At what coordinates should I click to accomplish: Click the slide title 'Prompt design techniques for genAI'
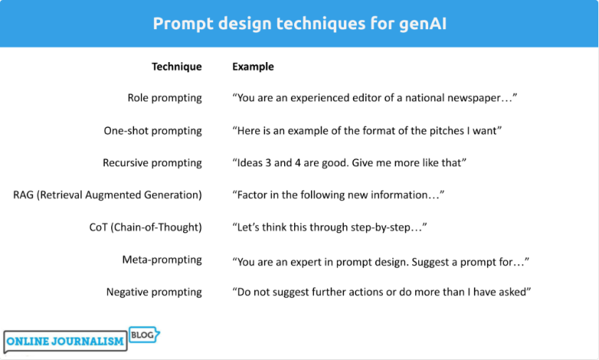pos(299,24)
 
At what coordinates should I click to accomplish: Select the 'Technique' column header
pos(176,67)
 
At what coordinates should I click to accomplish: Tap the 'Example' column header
pos(253,67)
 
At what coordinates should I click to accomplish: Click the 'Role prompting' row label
pos(165,98)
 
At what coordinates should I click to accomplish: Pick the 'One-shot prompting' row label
pos(153,131)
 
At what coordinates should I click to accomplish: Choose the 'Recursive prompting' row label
pos(152,163)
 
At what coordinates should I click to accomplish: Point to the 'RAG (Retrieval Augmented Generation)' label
pos(108,195)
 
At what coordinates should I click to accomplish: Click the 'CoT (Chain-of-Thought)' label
pos(146,227)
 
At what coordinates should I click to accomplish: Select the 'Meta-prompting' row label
pos(162,260)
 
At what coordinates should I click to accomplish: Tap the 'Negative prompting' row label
pos(154,293)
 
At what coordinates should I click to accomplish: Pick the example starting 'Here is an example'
pos(367,131)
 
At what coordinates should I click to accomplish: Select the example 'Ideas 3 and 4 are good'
pos(350,163)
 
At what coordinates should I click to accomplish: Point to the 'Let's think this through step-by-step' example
pos(329,227)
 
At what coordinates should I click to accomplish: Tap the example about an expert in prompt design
pos(381,261)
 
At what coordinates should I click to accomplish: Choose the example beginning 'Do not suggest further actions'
pos(381,293)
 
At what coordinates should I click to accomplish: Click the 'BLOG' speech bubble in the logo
pos(144,335)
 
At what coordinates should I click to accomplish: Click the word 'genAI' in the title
pos(419,24)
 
